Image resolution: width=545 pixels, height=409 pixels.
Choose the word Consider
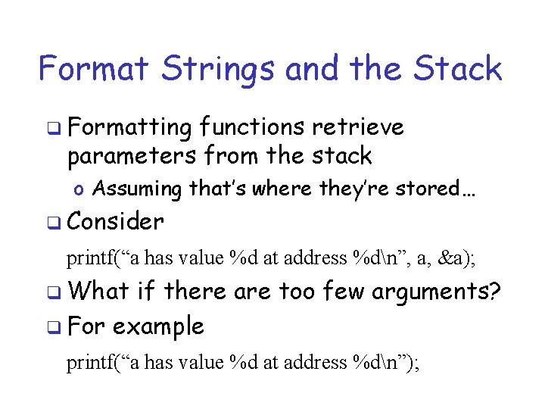coord(115,222)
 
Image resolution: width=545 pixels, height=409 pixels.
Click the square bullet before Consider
coord(51,223)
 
